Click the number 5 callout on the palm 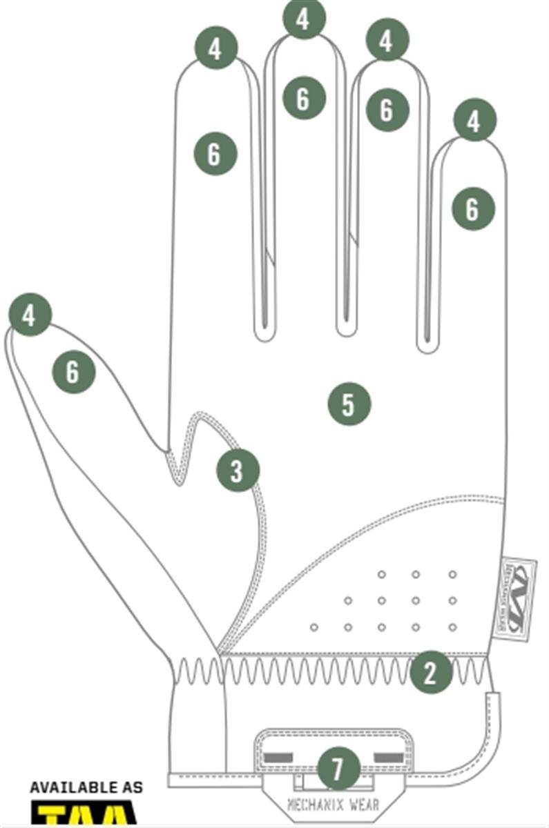click(349, 404)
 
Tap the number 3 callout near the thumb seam click(238, 471)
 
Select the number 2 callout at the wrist click(431, 673)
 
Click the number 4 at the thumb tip click(30, 315)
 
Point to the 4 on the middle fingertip click(303, 19)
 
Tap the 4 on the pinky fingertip click(474, 121)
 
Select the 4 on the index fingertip click(216, 48)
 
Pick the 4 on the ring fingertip click(387, 41)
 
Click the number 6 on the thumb click(73, 373)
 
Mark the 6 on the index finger click(215, 153)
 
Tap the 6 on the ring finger click(387, 109)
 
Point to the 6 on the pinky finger click(473, 208)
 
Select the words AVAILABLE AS click(86, 787)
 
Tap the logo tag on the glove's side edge click(517, 598)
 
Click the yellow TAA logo click(86, 814)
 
